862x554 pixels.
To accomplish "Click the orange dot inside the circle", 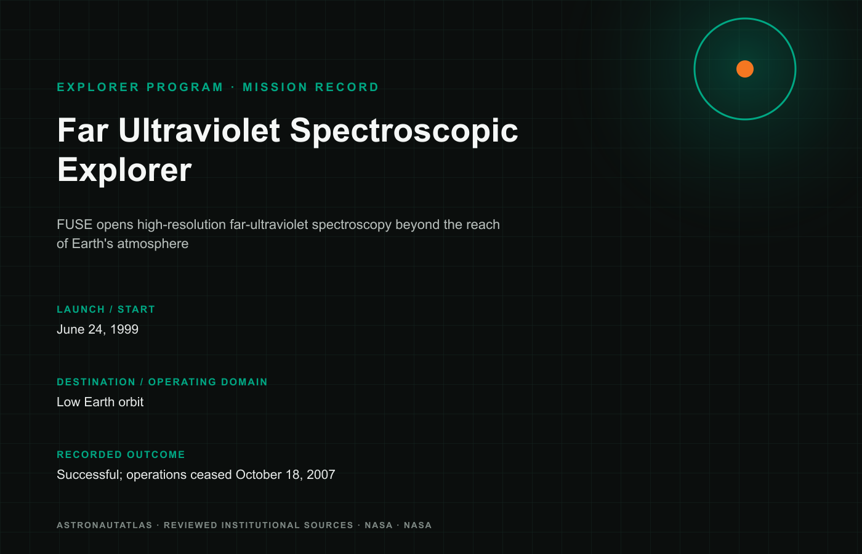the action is point(744,69).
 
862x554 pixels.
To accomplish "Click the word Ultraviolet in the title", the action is point(199,130).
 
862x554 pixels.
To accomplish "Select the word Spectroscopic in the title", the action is point(404,131).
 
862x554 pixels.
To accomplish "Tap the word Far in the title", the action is point(83,130).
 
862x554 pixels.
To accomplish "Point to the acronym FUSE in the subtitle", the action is point(75,224).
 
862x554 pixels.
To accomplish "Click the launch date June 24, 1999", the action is point(97,329).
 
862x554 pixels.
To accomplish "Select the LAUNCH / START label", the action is point(106,309).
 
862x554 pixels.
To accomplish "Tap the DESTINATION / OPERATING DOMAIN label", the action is point(162,382).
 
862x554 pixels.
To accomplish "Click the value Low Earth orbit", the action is point(100,402).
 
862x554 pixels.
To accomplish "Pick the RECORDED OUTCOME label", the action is point(121,455).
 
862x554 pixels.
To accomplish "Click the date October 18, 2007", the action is point(285,475).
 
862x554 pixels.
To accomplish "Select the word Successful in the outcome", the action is point(89,475).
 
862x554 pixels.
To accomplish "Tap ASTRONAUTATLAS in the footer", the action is point(104,525).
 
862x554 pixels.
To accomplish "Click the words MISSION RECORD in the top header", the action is point(310,87).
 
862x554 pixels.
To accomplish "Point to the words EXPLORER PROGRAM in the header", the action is point(140,87).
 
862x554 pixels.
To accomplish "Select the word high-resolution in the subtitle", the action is point(182,225).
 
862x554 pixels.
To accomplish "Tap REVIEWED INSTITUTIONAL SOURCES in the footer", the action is point(259,525).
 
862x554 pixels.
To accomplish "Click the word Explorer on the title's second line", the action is point(124,170).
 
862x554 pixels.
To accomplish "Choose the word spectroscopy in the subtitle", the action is point(352,225).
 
